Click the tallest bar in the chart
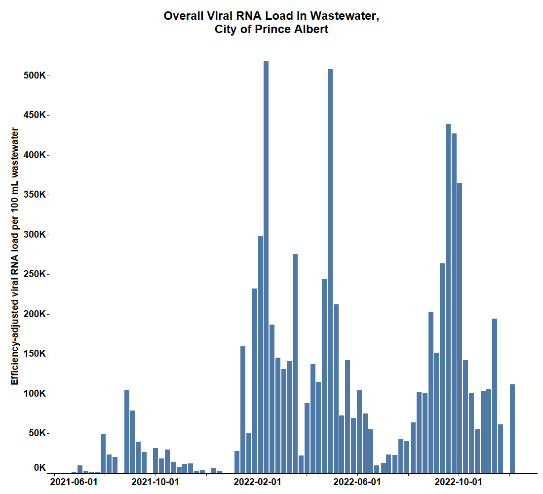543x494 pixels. [x=266, y=267]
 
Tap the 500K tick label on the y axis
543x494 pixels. [x=36, y=76]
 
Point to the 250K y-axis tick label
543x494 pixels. [x=36, y=274]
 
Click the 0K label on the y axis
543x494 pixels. [x=39, y=468]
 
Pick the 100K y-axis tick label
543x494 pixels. [x=36, y=394]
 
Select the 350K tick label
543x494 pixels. [x=36, y=195]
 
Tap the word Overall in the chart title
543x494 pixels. [x=184, y=16]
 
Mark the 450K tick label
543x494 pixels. [x=36, y=115]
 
